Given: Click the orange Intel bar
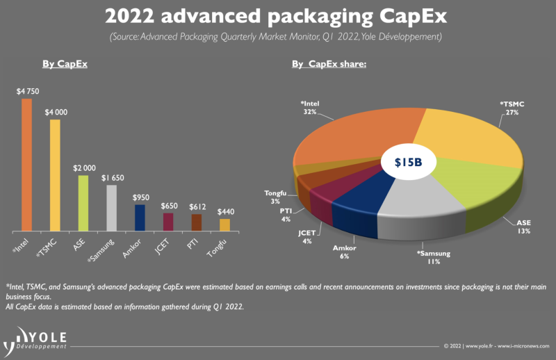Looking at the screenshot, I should pyautogui.click(x=26, y=164).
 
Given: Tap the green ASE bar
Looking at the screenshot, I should pyautogui.click(x=83, y=202).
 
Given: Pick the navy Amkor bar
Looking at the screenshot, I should pyautogui.click(x=140, y=217).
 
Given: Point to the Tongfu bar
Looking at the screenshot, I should pyautogui.click(x=224, y=224).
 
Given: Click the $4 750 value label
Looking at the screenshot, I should pyautogui.click(x=27, y=90).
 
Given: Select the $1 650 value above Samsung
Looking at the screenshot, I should pyautogui.click(x=112, y=178).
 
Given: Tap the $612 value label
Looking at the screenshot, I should pyautogui.click(x=197, y=206).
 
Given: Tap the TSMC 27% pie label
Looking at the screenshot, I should pyautogui.click(x=512, y=108).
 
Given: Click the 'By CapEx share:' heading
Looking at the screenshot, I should pyautogui.click(x=329, y=65).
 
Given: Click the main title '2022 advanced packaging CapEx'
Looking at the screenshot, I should pyautogui.click(x=277, y=15).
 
